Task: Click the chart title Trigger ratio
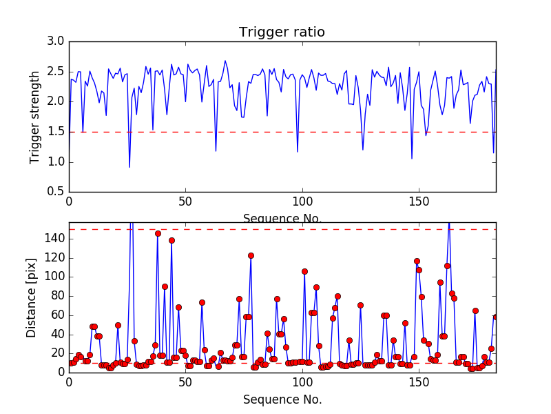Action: click(282, 32)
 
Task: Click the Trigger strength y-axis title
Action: click(35, 117)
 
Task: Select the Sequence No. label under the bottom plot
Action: click(282, 400)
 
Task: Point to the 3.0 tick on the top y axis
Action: click(56, 42)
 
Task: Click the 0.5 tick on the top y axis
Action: click(56, 192)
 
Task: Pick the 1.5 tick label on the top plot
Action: click(56, 132)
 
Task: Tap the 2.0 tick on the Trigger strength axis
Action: click(56, 102)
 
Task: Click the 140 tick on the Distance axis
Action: click(54, 239)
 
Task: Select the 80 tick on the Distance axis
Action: click(57, 296)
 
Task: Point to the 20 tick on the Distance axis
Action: click(57, 353)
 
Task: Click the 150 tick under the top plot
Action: click(419, 202)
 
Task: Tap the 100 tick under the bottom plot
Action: click(302, 382)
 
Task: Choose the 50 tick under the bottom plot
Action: click(185, 382)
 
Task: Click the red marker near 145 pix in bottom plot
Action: click(158, 233)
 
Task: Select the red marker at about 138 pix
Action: click(171, 240)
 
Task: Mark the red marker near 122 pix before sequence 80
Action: click(251, 255)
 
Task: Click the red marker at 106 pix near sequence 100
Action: click(304, 271)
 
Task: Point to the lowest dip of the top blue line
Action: click(129, 167)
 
